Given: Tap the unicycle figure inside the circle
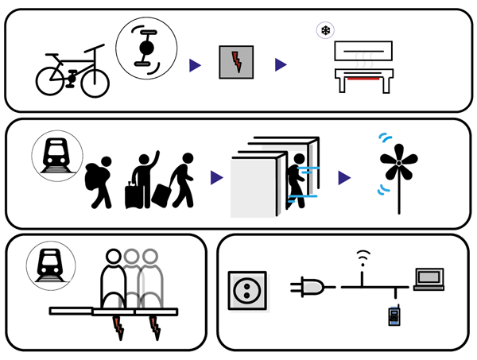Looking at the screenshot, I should (x=144, y=49).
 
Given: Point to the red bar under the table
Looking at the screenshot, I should (x=367, y=79).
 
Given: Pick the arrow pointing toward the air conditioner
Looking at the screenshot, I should (x=281, y=64).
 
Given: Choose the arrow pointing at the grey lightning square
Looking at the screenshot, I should (x=194, y=64).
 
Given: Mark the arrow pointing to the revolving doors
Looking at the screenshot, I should (x=215, y=178).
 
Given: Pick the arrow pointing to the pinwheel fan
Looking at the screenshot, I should (x=343, y=178).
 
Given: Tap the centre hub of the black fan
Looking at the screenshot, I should (x=395, y=164).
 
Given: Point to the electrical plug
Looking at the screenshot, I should (x=308, y=287).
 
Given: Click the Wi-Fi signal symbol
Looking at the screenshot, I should (x=363, y=257).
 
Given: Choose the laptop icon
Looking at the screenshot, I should (x=429, y=279).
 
